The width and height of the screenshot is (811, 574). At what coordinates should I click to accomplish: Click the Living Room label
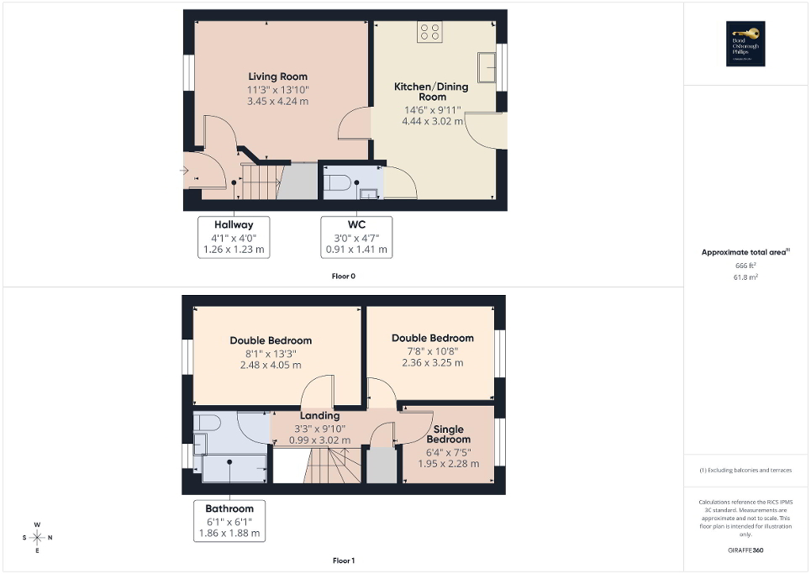tap(277, 76)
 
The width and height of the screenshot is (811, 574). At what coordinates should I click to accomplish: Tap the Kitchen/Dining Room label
tap(432, 92)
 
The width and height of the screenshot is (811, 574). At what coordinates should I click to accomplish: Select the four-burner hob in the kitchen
tap(429, 31)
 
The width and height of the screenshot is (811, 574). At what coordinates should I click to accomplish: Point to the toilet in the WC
tap(338, 182)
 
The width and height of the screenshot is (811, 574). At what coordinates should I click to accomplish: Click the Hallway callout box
tap(234, 236)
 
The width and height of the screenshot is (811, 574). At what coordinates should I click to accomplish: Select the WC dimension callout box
tap(357, 236)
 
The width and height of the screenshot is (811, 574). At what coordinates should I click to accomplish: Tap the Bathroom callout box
tap(229, 521)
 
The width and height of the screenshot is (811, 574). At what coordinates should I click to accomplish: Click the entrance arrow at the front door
tap(184, 171)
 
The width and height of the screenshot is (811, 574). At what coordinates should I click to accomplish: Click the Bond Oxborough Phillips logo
tap(742, 44)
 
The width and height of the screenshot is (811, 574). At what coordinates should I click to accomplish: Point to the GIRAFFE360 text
tap(746, 550)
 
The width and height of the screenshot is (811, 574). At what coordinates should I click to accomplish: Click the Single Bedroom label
tap(448, 434)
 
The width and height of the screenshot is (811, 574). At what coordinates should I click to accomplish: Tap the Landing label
tap(319, 415)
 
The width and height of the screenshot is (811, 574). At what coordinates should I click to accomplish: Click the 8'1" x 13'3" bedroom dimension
tap(271, 353)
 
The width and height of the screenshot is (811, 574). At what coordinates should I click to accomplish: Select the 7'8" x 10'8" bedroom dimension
tap(432, 350)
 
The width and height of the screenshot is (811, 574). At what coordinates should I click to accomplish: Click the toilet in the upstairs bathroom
tap(207, 421)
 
